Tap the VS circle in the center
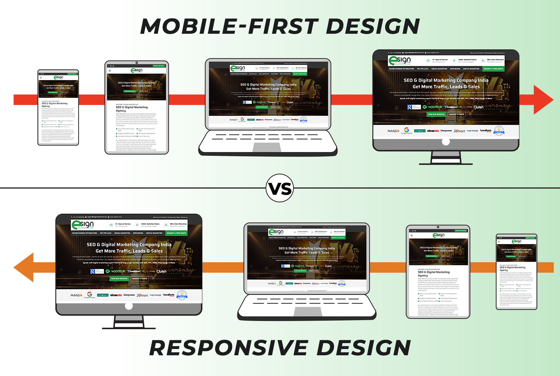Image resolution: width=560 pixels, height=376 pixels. coord(280,188)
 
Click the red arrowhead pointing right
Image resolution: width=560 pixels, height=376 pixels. coord(542,100)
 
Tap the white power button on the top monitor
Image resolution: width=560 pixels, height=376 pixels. coord(446,142)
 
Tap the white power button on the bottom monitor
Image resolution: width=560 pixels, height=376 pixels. coord(129,306)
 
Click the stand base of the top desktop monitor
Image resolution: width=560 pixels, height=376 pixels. coord(446,164)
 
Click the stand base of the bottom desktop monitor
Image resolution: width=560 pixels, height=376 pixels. coord(129,328)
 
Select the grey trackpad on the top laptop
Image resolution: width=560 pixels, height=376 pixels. coord(267,147)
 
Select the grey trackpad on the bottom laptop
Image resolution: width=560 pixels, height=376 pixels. coord(308,311)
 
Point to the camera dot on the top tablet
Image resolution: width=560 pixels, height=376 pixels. coord(137,63)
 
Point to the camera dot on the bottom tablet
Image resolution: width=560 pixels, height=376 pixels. coord(438,227)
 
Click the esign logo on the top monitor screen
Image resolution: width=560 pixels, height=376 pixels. coord(400,60)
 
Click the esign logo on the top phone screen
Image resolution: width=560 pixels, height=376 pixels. coord(58,77)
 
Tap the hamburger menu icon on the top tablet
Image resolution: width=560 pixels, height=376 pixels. coord(110,71)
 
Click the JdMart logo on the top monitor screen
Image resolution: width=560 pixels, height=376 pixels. coord(459,131)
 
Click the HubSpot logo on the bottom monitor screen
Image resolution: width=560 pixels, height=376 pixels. coord(76,295)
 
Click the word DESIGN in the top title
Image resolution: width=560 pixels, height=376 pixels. coord(373,26)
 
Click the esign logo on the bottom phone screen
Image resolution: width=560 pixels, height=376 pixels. coord(517,241)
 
